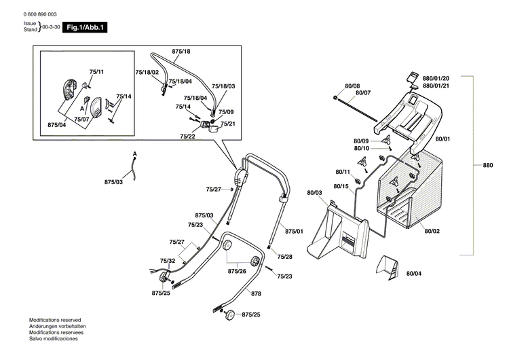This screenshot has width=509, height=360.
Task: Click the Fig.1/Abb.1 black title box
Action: click(83, 27)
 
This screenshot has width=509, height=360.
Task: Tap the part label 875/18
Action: click(181, 52)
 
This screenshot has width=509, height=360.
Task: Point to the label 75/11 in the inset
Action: click(96, 71)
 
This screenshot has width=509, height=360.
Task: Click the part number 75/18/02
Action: click(147, 72)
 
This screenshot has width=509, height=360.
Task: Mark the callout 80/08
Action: click(352, 86)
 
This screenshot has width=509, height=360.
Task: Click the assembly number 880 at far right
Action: click(488, 165)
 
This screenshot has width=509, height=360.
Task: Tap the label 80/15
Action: click(341, 186)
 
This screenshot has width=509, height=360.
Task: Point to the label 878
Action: click(256, 293)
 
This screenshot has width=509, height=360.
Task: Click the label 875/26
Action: click(237, 271)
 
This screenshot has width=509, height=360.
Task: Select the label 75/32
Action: click(168, 260)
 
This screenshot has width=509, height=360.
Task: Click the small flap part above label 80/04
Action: click(390, 267)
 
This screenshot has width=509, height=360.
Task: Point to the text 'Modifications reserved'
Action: click(55, 319)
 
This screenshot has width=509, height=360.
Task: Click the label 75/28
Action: click(285, 256)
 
